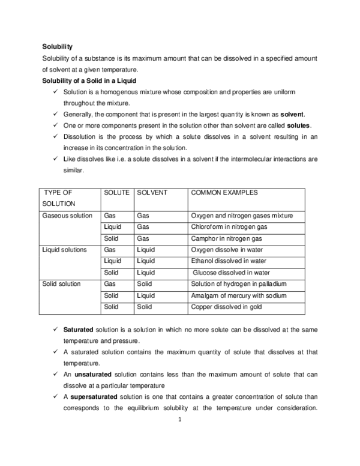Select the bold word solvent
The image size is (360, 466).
click(293, 113)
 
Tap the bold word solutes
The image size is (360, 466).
click(299, 125)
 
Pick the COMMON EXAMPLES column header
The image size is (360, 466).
click(224, 193)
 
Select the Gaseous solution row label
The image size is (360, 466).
click(67, 216)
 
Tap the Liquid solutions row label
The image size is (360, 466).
click(65, 250)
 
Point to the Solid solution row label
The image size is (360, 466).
click(62, 284)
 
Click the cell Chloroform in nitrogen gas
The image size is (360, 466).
click(229, 227)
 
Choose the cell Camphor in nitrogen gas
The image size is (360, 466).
click(226, 238)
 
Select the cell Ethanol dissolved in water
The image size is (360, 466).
click(229, 261)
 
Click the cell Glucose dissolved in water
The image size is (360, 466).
click(230, 273)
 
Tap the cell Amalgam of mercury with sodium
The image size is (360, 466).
click(236, 295)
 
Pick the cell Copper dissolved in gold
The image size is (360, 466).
click(223, 307)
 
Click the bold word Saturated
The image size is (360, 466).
click(78, 330)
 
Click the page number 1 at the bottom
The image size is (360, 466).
click(179, 420)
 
